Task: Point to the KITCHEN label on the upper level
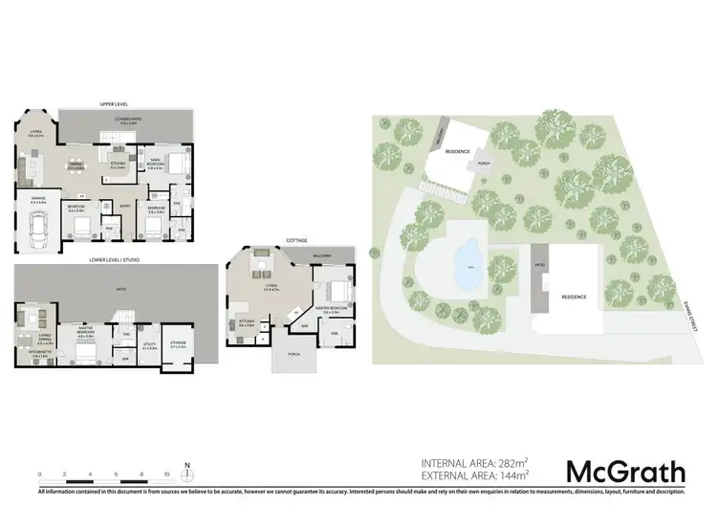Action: tap(118, 164)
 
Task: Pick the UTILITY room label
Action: tap(150, 345)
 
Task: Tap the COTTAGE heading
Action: tap(295, 241)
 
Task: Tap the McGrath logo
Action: tap(626, 472)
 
